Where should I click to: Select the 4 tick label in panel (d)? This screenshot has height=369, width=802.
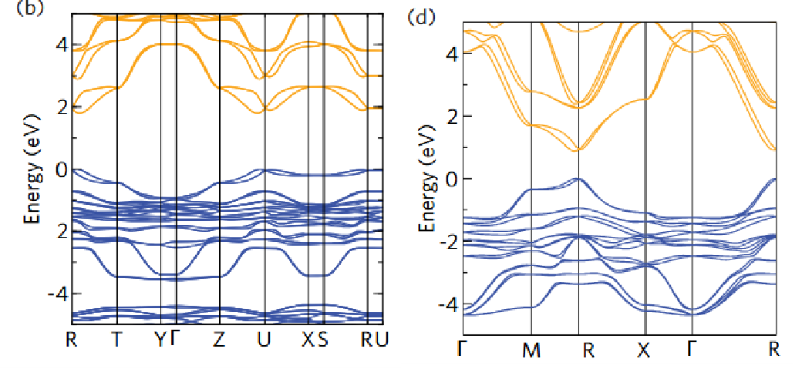pos(453,54)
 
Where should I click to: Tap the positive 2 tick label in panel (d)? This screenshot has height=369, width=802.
pos(453,116)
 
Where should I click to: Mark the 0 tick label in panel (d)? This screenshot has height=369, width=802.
pos(453,179)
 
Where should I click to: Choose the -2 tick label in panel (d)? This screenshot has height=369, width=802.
pos(449,242)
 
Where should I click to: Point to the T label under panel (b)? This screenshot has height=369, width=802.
pos(117,339)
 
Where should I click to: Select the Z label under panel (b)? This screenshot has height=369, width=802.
pos(219,339)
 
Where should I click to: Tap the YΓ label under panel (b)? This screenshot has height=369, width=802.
pos(167,339)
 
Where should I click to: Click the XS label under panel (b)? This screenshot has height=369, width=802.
pos(315,339)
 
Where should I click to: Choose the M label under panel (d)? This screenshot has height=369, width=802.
pos(531,351)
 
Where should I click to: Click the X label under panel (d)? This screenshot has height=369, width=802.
pos(644,351)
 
